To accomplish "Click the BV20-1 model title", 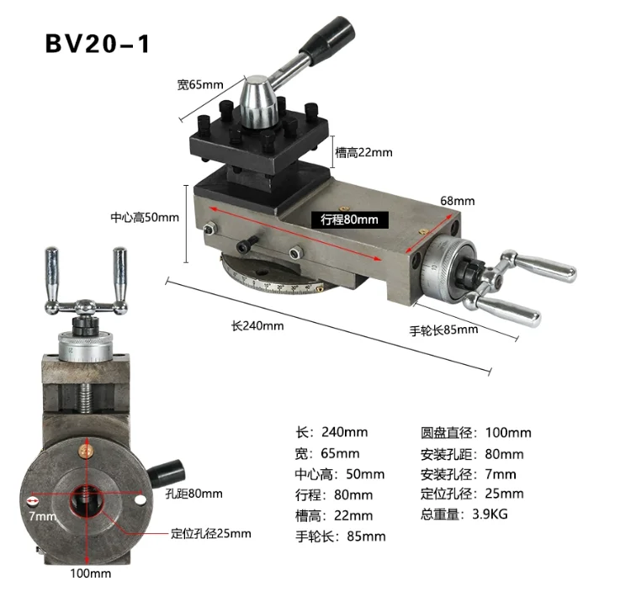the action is [x=97, y=44].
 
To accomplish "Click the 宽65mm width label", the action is [x=200, y=84].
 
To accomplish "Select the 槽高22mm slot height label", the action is [x=363, y=152].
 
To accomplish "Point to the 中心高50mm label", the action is [x=145, y=217].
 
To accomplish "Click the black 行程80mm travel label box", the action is [x=350, y=219].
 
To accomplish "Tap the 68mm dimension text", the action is [x=458, y=201].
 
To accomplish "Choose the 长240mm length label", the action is [x=257, y=325].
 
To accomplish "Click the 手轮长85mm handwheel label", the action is [x=444, y=330].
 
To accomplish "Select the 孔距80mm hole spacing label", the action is [x=194, y=494].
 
